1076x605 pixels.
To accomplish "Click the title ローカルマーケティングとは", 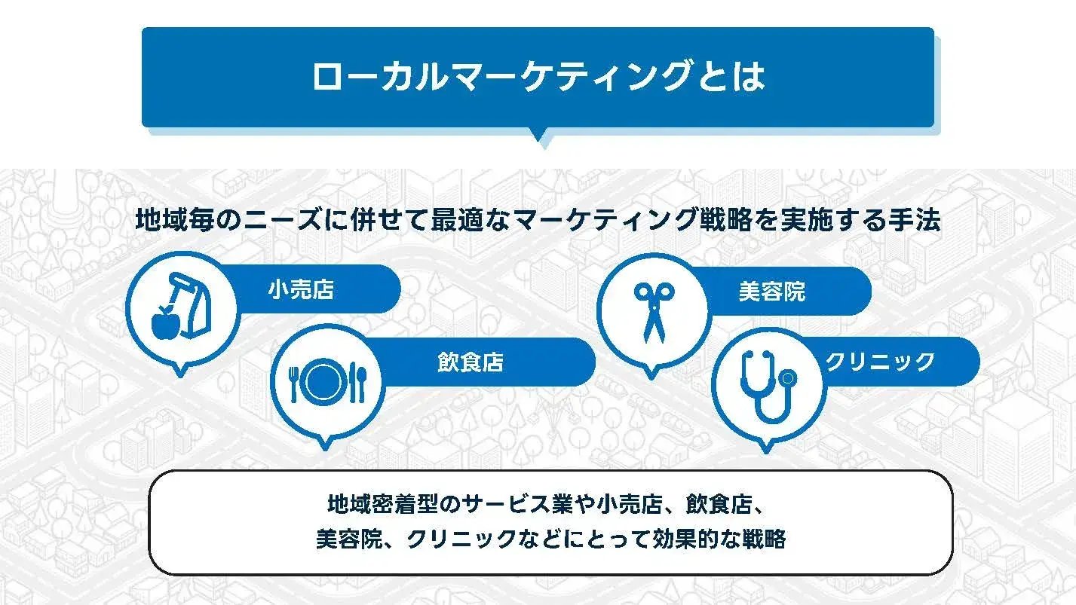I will (538, 76).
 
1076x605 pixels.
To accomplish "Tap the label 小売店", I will (301, 290).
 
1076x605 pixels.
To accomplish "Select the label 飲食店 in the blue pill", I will (470, 362).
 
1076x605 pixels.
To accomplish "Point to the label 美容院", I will (771, 292).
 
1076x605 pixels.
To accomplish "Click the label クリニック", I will (880, 362).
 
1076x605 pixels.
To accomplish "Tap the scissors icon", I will (653, 310).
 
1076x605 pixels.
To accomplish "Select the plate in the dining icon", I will (326, 381).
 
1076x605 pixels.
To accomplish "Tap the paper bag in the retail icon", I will (190, 307).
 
